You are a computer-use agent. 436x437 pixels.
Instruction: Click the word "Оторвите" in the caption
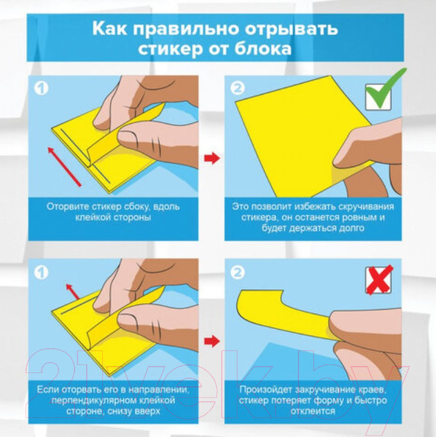pyautogui.click(x=70, y=206)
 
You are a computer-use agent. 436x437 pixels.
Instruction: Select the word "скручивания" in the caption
pyautogui.click(x=357, y=206)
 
